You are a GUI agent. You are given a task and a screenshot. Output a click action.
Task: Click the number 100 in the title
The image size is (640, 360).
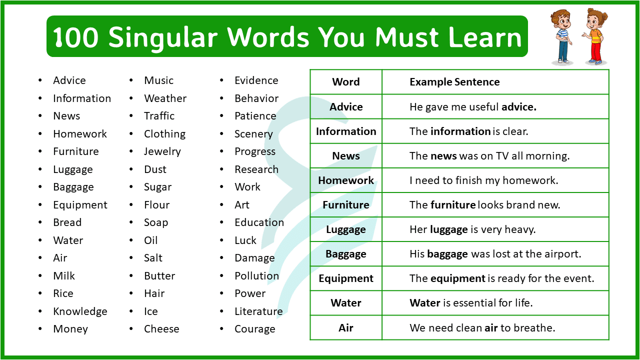click(75, 37)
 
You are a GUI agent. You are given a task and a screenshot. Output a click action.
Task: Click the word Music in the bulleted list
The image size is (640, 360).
click(158, 80)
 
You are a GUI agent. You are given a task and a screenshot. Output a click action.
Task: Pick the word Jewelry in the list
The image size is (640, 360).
click(162, 151)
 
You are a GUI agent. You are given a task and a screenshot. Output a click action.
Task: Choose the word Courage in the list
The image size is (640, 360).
click(254, 329)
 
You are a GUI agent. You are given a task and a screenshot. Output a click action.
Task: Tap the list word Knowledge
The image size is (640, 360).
click(80, 311)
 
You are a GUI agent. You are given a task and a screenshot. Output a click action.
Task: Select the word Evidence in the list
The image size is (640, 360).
click(256, 80)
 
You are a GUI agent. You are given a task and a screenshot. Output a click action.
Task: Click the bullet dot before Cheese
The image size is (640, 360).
click(131, 329)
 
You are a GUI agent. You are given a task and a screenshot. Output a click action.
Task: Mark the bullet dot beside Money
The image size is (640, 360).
click(40, 329)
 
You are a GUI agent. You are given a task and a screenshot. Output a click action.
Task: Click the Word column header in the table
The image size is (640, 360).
click(345, 82)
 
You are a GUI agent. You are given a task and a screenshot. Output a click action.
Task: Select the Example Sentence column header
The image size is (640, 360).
click(454, 82)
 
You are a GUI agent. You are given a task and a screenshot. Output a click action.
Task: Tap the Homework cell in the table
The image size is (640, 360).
click(345, 180)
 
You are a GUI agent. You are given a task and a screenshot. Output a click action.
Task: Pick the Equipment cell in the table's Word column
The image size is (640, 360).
click(345, 278)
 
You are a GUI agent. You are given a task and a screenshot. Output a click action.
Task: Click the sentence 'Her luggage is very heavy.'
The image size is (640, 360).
click(472, 229)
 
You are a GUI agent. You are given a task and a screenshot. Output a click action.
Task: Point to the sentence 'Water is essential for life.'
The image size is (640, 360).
click(470, 303)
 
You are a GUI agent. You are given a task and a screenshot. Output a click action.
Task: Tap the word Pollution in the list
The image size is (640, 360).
click(256, 276)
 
